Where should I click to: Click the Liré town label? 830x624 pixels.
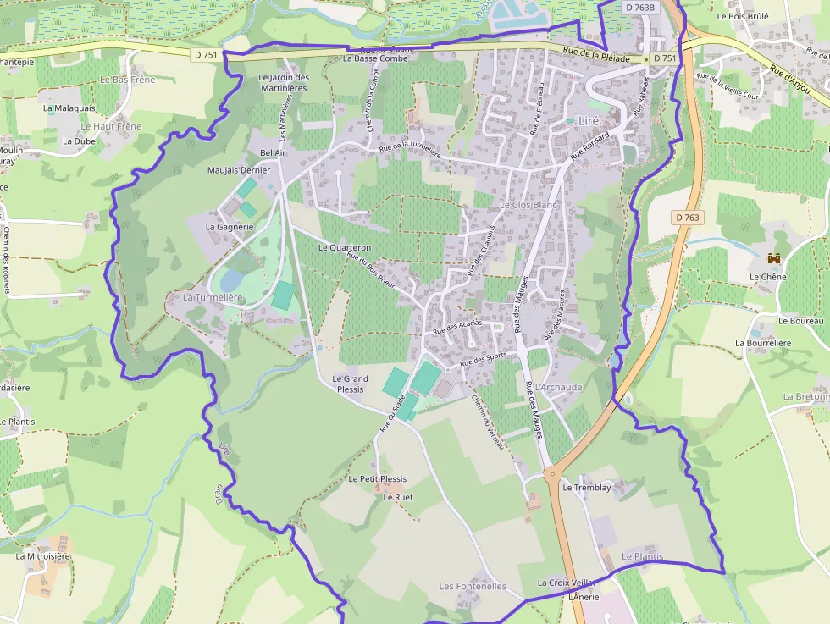point(589,120)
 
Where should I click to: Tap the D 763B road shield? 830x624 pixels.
point(640,8)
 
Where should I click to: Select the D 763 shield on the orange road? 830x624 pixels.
point(689,218)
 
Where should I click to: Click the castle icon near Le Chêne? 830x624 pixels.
point(773,258)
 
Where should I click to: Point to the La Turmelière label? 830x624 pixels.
point(213,298)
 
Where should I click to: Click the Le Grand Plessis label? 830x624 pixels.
point(350,384)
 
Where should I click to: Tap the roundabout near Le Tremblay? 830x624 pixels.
point(556,477)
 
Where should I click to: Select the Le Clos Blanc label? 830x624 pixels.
point(529,205)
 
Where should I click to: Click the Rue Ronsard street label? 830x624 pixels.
point(590,145)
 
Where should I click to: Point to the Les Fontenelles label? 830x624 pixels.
point(473,586)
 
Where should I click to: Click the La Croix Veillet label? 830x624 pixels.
point(567,583)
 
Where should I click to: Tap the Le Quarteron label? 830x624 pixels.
point(345,248)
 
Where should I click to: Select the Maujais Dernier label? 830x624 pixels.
point(239,170)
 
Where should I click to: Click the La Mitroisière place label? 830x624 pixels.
point(43,556)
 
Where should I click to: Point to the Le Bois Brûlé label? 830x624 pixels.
point(742,16)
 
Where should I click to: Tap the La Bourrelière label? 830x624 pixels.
point(763,343)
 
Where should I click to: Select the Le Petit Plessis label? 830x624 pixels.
point(378,478)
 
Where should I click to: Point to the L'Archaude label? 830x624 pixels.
point(559,387)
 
